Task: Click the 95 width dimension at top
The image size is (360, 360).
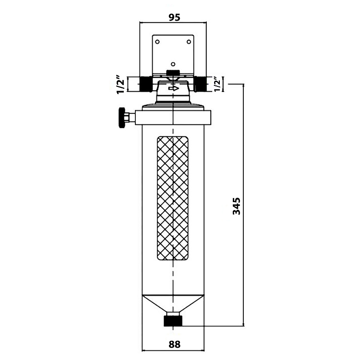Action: click(x=175, y=17)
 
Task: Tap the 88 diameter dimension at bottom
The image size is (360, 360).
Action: click(x=175, y=344)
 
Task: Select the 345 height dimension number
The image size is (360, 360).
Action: click(x=236, y=206)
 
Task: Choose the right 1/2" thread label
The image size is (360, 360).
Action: click(x=217, y=84)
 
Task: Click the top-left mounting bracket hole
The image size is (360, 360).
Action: click(x=157, y=42)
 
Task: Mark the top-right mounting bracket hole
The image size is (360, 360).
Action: click(x=189, y=42)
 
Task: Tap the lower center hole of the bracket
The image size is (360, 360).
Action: click(x=173, y=64)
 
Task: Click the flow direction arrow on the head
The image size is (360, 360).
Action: click(x=174, y=88)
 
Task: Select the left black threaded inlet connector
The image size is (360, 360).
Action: click(x=145, y=84)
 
